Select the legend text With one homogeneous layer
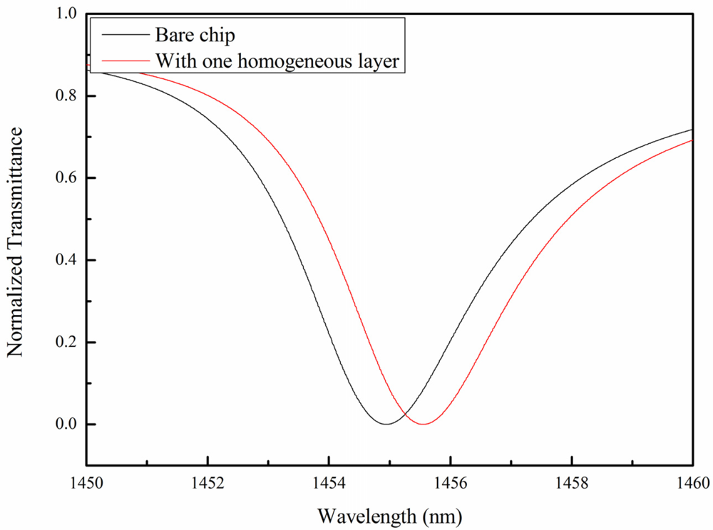(279, 61)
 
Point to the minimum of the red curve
(424, 424)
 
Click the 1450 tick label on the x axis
(86, 483)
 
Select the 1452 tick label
(207, 483)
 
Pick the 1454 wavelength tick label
(329, 483)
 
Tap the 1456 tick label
(450, 483)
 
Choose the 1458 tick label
(571, 483)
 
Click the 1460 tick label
(692, 483)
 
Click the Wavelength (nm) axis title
(389, 514)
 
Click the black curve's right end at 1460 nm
(692, 130)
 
